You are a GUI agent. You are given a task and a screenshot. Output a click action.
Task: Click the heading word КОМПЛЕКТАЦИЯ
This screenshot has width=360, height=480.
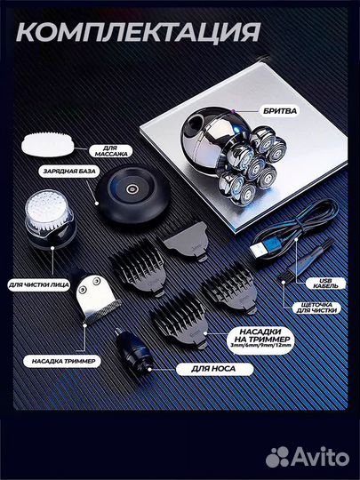139,31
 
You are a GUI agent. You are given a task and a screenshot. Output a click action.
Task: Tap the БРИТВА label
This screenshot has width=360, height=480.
280,111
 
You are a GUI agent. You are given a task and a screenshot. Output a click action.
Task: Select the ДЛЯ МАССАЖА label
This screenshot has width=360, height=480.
111,151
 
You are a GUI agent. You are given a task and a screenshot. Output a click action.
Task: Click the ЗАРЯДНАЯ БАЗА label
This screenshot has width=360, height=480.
69,172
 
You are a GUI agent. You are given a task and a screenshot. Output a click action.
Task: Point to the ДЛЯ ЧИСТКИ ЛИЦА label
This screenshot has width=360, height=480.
39,285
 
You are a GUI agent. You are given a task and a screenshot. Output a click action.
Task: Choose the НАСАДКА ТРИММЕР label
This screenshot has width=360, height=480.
63,361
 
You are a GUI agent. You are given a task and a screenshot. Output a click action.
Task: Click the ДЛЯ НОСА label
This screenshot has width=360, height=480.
214,369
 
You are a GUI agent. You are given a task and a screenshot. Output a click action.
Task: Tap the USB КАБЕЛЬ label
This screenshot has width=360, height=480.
325,284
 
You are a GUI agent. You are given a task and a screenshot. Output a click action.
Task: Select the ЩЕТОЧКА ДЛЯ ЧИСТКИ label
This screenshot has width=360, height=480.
316,308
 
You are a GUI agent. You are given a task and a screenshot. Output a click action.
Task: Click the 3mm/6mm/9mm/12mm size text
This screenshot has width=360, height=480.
261,345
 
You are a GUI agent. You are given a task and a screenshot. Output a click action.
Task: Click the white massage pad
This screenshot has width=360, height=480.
47,144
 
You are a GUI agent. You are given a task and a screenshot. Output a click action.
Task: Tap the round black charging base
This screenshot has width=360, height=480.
132,195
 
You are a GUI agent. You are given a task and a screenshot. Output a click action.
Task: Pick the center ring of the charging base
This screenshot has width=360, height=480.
132,189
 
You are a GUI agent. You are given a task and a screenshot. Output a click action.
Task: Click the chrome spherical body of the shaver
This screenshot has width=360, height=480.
212,139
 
